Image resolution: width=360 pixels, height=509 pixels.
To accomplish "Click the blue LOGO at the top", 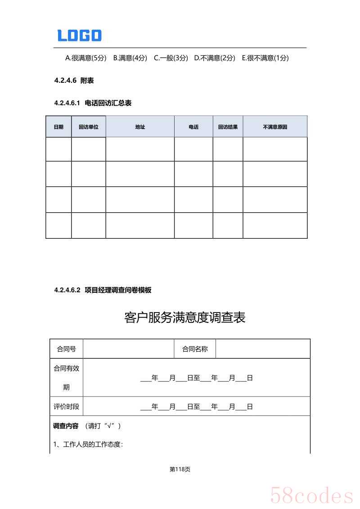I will point(79,36).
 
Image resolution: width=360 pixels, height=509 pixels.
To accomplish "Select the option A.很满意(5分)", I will point(86,58).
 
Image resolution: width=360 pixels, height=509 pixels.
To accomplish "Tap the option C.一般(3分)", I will point(171,58).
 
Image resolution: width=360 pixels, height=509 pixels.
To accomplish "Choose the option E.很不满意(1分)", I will point(265,58).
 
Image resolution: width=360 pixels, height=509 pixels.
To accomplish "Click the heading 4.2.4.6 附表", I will point(74,80).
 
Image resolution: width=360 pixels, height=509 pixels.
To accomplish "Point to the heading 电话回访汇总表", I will point(108,103).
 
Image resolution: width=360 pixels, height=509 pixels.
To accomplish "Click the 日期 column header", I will point(58,127).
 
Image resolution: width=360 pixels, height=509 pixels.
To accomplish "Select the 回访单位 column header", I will point(89,127).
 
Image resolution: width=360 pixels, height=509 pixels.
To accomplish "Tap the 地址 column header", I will point(140,127).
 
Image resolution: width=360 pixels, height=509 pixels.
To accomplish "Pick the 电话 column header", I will point(193,127).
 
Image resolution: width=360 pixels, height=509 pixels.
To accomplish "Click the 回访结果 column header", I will point(228,127).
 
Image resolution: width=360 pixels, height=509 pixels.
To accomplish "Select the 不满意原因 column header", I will point(275,127).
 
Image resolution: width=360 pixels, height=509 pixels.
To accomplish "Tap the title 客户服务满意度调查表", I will point(184,318).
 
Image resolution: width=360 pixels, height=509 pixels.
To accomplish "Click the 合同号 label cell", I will point(66,349).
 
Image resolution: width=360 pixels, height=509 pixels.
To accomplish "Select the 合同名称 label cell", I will point(195,349).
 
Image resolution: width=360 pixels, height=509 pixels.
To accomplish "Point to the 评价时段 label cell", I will point(66,406).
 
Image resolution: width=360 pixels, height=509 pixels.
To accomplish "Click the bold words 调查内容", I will point(66,426).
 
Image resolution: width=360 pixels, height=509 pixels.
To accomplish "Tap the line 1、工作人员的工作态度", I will point(88,445).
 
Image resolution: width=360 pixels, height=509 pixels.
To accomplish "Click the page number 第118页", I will point(180,469).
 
